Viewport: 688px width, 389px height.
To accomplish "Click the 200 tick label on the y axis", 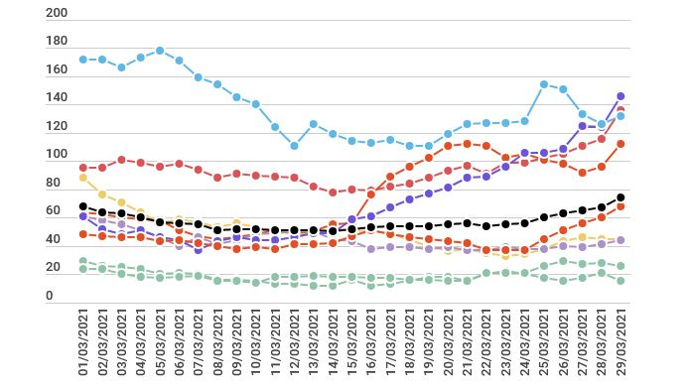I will [x=57, y=14].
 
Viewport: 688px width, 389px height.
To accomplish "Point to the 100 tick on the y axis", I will [x=57, y=156].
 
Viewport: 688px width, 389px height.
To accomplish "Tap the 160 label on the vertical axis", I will [x=57, y=70].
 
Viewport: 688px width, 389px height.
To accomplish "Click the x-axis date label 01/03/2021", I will [x=83, y=342].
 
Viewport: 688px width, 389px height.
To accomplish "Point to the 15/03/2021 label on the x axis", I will [x=352, y=342].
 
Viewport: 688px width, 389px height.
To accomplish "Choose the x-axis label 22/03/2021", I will [x=486, y=342].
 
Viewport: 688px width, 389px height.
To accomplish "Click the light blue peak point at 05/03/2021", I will [x=160, y=51].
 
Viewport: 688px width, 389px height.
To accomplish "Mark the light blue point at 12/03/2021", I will [x=294, y=146].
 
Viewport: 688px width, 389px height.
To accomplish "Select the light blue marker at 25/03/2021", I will [x=544, y=84].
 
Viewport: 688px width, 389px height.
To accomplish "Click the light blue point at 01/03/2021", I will [x=83, y=60].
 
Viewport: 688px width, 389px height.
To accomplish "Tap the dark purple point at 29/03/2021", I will [x=620, y=96].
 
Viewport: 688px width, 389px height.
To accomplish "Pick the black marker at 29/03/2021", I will [x=620, y=197].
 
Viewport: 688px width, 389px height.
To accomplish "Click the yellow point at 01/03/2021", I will [x=83, y=178].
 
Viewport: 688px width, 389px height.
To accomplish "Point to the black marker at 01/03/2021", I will [x=83, y=206].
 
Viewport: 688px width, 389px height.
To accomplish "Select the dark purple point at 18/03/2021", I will [x=409, y=199].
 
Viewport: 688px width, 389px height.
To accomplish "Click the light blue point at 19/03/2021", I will [x=429, y=146].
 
